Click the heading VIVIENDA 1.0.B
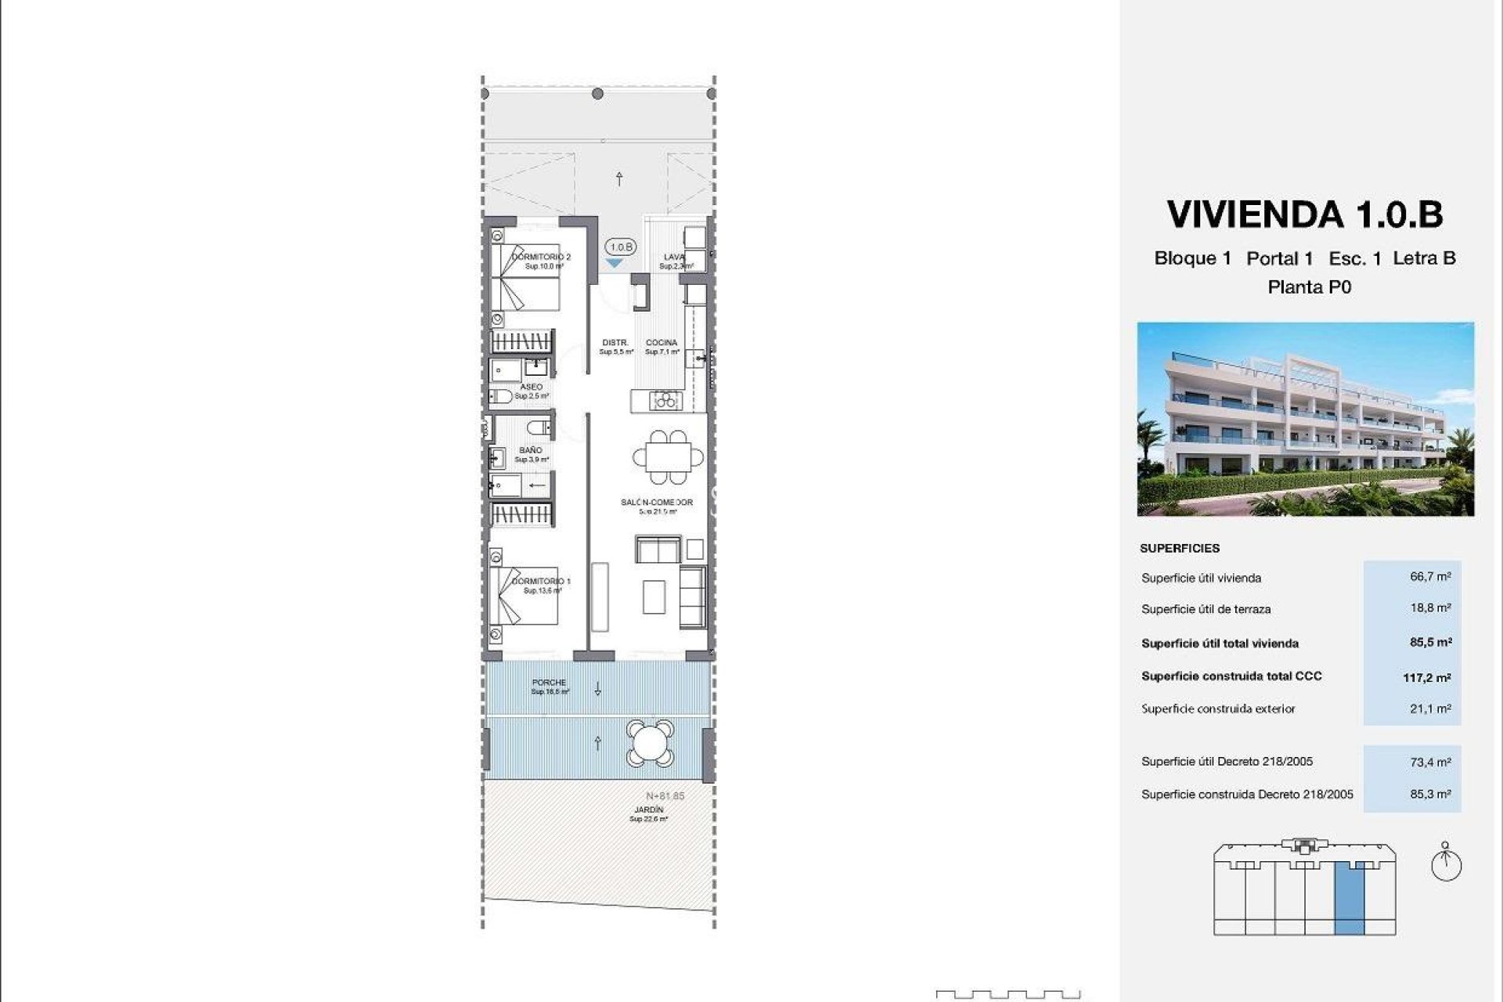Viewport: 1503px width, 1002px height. coord(1304,214)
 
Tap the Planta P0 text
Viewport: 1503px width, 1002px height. coord(1309,287)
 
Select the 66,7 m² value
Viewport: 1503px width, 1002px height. coord(1430,576)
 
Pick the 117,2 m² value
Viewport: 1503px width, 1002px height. coord(1426,677)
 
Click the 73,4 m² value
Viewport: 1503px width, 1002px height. coord(1430,761)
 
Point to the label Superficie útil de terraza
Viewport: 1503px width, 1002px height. coord(1206,609)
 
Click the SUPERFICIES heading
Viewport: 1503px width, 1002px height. coord(1179,548)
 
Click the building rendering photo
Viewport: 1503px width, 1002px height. coord(1305,419)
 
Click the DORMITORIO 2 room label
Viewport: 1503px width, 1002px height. coord(541,257)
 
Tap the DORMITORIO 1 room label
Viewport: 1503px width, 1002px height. coord(541,582)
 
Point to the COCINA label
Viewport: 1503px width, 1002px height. coord(661,343)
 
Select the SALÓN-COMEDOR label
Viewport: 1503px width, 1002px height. coord(656,503)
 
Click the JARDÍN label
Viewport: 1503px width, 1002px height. coord(649,809)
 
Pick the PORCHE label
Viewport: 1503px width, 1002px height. coord(549,683)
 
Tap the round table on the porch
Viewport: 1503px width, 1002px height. coord(649,743)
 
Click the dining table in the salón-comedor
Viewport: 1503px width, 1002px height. coord(668,456)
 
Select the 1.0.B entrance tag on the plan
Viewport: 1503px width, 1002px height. coord(620,247)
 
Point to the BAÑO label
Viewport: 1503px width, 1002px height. coord(530,450)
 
